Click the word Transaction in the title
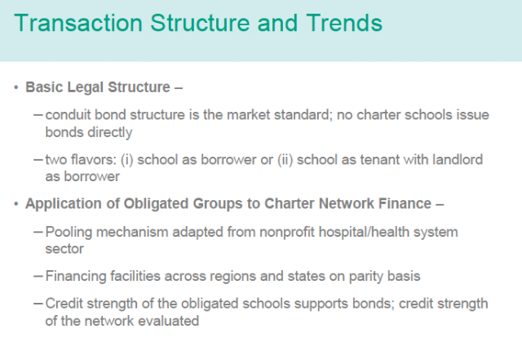tap(78, 23)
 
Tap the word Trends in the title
tap(344, 23)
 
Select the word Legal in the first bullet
tap(85, 87)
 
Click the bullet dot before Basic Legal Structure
tap(16, 87)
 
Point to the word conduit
tap(68, 115)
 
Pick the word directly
tap(109, 132)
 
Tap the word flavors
tap(93, 160)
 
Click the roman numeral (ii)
tap(285, 160)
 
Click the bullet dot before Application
tap(16, 203)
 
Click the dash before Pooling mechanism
tap(38, 232)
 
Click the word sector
tap(64, 249)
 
